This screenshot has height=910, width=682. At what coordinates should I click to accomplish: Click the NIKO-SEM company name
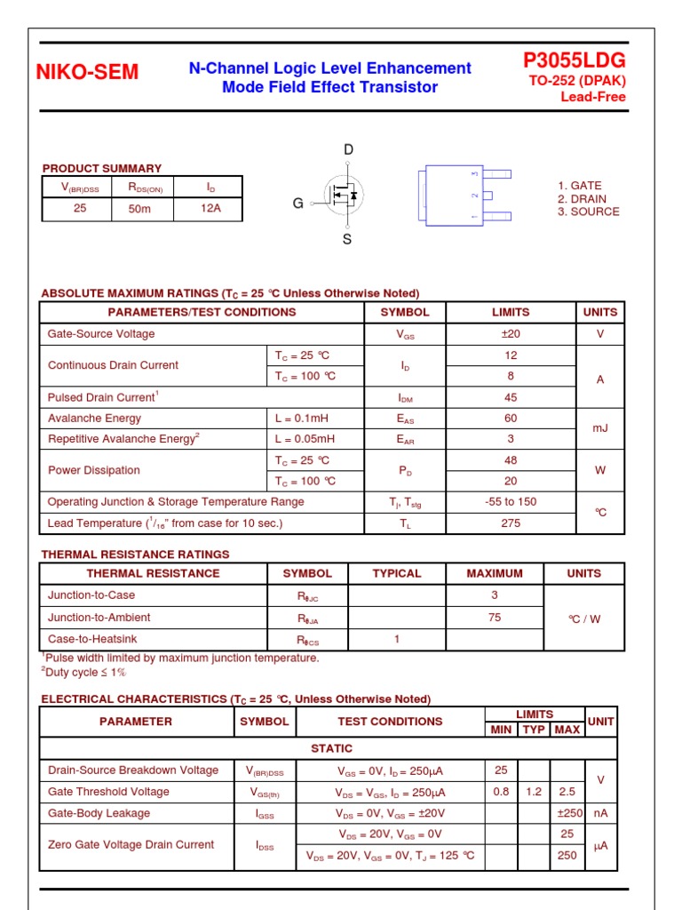[x=87, y=73]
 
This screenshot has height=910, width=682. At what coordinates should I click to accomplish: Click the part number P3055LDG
[x=574, y=60]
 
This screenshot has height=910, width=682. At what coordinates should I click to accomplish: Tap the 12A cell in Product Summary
[x=209, y=209]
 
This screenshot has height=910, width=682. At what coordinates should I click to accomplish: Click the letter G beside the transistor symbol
[x=298, y=204]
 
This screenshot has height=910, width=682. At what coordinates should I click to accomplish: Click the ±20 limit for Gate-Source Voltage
[x=510, y=334]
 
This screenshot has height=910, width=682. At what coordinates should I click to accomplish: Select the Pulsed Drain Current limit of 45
[x=510, y=398]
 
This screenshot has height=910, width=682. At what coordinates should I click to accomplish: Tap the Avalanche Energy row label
[x=94, y=419]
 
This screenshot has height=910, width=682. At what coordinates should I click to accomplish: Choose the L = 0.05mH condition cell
[x=305, y=439]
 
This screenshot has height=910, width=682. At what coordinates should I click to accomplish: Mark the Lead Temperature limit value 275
[x=510, y=523]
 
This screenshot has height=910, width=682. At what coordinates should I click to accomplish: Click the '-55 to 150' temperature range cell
[x=510, y=502]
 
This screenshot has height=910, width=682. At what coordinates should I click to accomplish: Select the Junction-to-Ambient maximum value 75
[x=495, y=618]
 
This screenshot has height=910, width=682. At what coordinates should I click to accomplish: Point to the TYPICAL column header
[x=396, y=574]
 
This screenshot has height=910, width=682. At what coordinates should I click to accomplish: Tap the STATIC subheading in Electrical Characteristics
[x=331, y=749]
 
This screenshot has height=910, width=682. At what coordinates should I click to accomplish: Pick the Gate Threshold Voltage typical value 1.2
[x=534, y=792]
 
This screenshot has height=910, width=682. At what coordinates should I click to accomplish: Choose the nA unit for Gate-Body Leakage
[x=600, y=813]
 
